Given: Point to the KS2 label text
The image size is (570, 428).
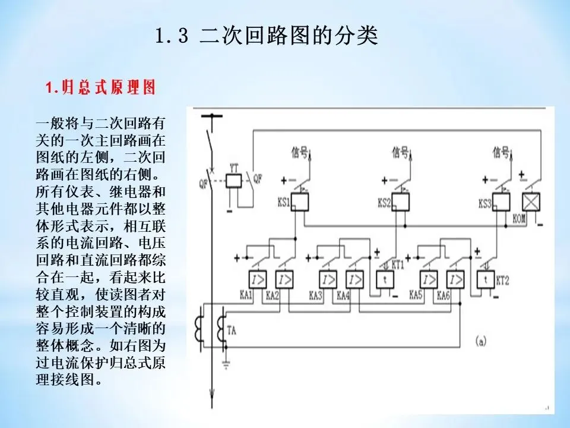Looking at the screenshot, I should point(384,203).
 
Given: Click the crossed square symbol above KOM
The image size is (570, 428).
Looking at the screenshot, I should point(530,202).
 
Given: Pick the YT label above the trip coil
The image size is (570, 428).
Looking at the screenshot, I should point(234,168).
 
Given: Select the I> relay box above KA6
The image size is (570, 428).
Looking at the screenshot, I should point(456,279).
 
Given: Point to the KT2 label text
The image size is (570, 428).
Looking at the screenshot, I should point(503,279).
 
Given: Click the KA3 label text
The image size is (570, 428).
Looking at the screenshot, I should point(315,295).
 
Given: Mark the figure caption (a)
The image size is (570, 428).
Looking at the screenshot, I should point(481,341).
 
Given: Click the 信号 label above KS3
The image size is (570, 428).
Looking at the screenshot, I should point(501,153).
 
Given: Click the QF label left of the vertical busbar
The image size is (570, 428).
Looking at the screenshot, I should point(204,184).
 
